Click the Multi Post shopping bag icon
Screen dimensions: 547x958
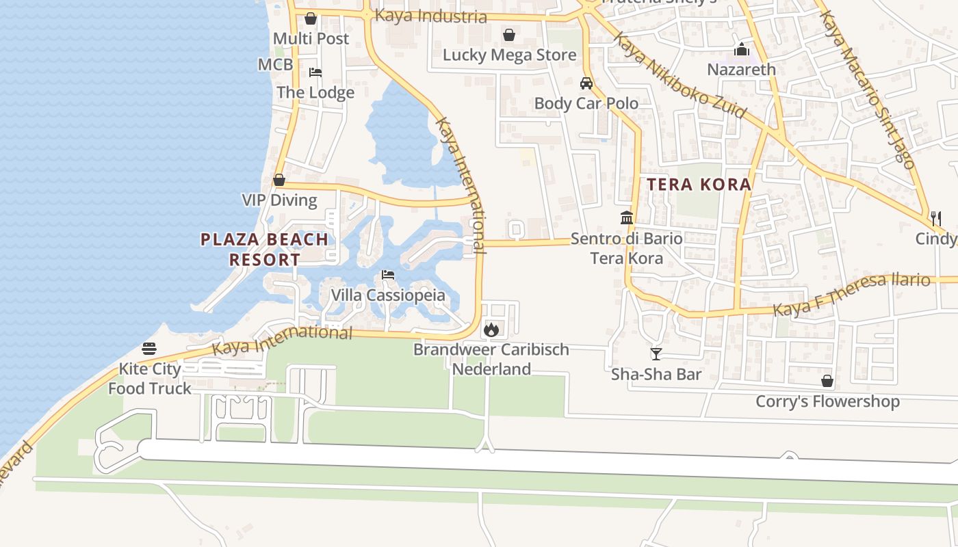(x=310, y=18)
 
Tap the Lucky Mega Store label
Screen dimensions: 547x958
(x=509, y=55)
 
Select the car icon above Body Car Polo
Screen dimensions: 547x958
(x=586, y=83)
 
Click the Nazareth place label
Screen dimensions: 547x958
(x=741, y=69)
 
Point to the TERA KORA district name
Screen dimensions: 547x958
(x=699, y=185)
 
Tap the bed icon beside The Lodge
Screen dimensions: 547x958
(x=315, y=72)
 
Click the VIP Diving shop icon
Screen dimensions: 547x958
(x=279, y=180)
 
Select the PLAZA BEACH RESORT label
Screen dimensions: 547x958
(x=264, y=250)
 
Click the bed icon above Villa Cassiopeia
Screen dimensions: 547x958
(x=388, y=275)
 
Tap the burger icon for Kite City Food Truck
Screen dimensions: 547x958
(x=149, y=349)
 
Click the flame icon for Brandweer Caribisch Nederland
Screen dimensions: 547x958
(x=491, y=330)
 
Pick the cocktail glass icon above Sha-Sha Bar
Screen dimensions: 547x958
(x=656, y=353)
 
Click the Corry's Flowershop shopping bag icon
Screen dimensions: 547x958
(x=827, y=381)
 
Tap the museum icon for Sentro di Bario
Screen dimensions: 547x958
(x=626, y=218)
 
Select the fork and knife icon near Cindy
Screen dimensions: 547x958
(x=935, y=219)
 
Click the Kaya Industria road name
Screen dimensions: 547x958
(x=431, y=16)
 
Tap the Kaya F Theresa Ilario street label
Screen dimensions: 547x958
(x=851, y=295)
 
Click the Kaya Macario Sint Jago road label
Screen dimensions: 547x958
(x=867, y=89)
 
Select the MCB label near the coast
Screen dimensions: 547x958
(x=275, y=64)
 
